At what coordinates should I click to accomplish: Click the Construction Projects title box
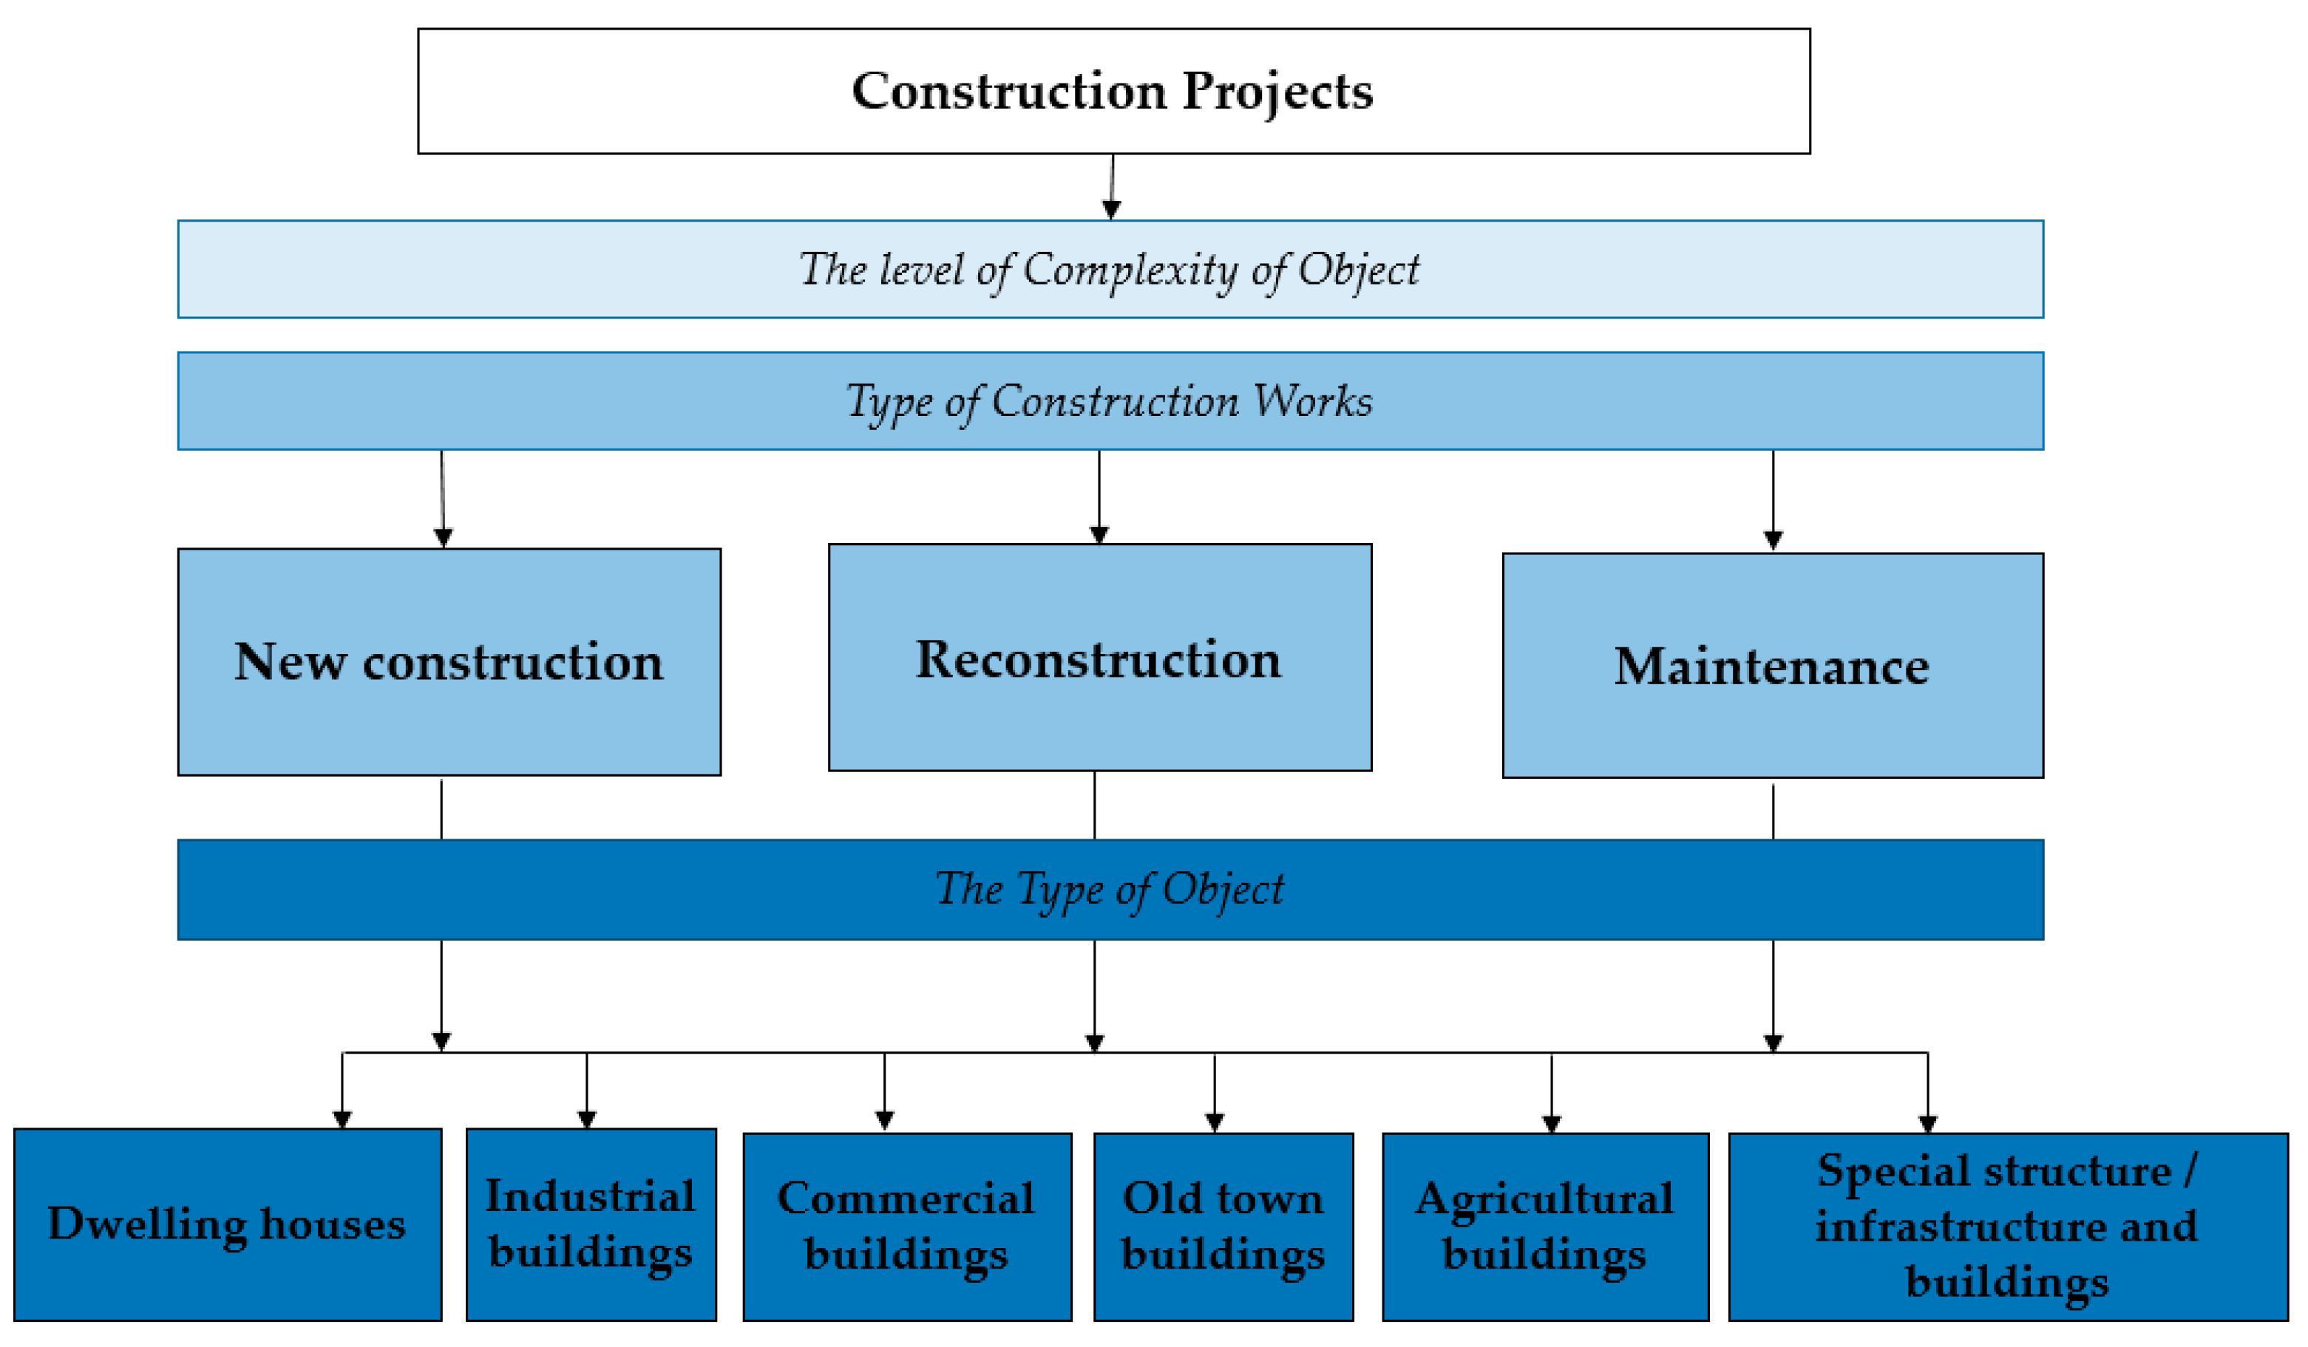pos(1113,92)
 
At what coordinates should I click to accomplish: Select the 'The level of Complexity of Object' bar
pos(1110,269)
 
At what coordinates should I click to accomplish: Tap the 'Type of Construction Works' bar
pos(1110,401)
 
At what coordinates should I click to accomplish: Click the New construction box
pos(449,662)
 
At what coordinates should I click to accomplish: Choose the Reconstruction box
pos(1099,658)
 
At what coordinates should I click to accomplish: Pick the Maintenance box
pos(1772,666)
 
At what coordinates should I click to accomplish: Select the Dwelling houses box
pos(227,1224)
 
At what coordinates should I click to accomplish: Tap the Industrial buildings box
pos(591,1224)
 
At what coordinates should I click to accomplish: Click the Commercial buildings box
pos(906,1227)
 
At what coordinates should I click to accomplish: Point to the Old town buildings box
pos(1223,1227)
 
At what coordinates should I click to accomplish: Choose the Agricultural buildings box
pos(1545,1227)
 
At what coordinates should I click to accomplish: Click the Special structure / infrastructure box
pos(2008,1227)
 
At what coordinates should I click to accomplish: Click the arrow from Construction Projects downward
pos(1112,188)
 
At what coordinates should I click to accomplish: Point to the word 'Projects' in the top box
pos(1277,92)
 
